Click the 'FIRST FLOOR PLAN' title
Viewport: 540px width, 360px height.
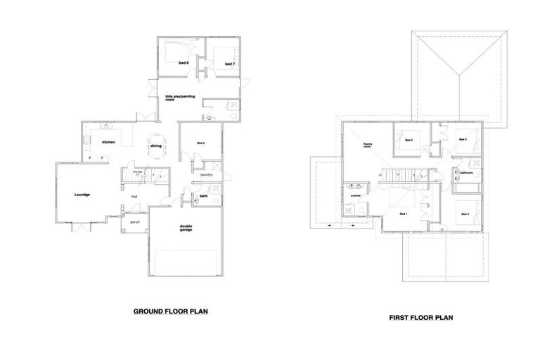[x=420, y=317]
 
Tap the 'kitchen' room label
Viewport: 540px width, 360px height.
[x=108, y=143]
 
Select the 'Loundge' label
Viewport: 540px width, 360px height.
[x=83, y=193]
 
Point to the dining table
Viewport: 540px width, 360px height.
[x=156, y=146]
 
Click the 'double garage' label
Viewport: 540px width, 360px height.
[x=186, y=228]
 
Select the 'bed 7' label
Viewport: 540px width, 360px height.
[x=229, y=64]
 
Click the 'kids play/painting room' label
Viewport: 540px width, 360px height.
[x=179, y=98]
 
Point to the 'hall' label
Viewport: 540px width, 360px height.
[x=134, y=196]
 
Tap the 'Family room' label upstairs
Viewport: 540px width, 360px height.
[x=367, y=146]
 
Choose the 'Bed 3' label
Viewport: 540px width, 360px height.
[x=462, y=140]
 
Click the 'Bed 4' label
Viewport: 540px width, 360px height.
[x=464, y=213]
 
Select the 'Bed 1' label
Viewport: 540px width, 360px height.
[x=403, y=213]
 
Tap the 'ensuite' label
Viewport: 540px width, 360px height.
[x=355, y=195]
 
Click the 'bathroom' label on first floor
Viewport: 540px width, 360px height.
[x=466, y=172]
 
